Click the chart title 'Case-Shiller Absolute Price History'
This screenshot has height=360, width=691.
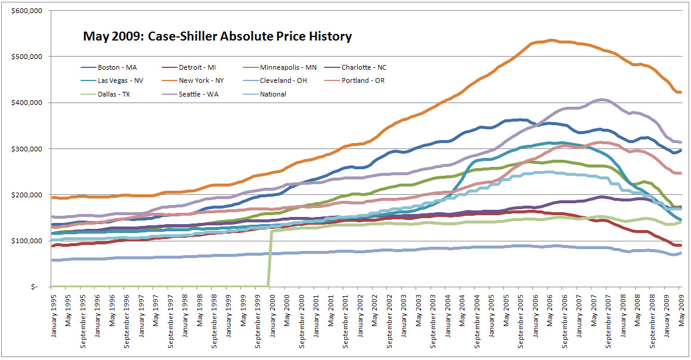point(217,36)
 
